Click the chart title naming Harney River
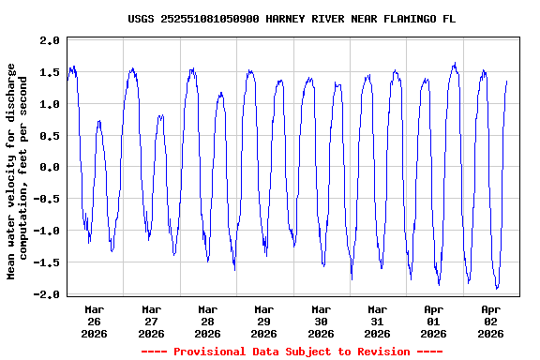[292, 18]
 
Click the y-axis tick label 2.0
[50, 40]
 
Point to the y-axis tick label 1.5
[50, 72]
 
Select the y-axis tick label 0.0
[50, 167]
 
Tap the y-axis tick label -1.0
[47, 231]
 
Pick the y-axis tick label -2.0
[47, 293]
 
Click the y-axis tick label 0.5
[50, 135]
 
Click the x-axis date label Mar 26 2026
[95, 321]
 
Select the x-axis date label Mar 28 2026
[207, 321]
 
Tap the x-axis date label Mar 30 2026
[321, 321]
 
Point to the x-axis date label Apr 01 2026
[433, 321]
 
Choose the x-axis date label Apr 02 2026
[489, 321]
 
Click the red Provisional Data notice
[292, 352]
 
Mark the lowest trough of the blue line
[497, 288]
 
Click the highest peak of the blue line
[455, 64]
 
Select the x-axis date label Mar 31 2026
[377, 321]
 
